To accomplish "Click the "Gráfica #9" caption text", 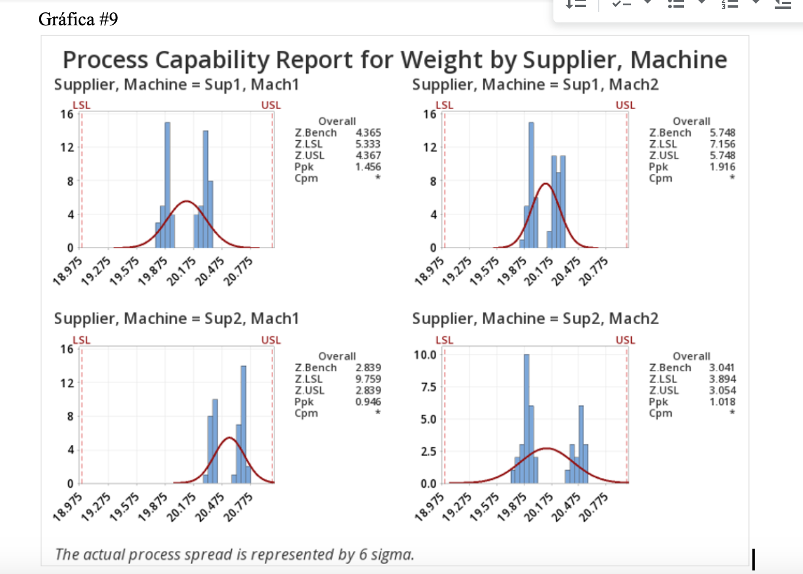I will coord(78,19).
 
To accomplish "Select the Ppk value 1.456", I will coord(368,167).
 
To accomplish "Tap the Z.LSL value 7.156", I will coord(722,144).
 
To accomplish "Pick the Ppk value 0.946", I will coord(368,402).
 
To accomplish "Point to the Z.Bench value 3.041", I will coord(722,367).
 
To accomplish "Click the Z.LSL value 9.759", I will coord(368,379).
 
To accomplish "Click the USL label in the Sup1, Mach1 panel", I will coord(271,105).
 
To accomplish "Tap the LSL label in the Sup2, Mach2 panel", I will coord(444,340).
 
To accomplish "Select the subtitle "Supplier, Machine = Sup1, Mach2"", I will coord(535,85).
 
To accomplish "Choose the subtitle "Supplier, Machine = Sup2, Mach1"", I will coord(177,319).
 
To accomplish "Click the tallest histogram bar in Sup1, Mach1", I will coord(167,184).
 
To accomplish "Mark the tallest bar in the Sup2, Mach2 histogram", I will coord(526,418).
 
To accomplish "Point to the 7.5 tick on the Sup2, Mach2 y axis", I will coord(428,387).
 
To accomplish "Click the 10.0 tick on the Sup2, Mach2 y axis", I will coord(425,355).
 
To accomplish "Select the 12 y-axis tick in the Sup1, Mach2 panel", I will coord(430,147).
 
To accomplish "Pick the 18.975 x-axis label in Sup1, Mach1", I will coord(68,272).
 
